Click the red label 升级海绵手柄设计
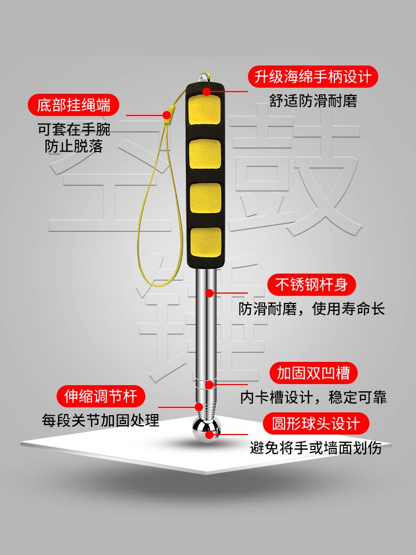(x=313, y=77)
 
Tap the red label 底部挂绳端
(x=74, y=105)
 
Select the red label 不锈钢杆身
(x=311, y=285)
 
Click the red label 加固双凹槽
(x=313, y=373)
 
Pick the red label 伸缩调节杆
(x=101, y=396)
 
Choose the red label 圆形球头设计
(x=316, y=423)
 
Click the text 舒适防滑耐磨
(x=313, y=100)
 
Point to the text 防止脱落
(x=74, y=146)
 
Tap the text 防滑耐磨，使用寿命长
(x=312, y=309)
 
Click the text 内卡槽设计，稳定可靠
(x=313, y=397)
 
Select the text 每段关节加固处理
(x=101, y=421)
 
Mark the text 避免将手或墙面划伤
(x=316, y=448)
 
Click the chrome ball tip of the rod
(x=206, y=430)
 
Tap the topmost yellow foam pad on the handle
(x=205, y=110)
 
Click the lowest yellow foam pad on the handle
(x=206, y=243)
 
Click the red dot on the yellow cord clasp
(x=166, y=115)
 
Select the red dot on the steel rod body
(x=210, y=293)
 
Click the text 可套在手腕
(x=74, y=129)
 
